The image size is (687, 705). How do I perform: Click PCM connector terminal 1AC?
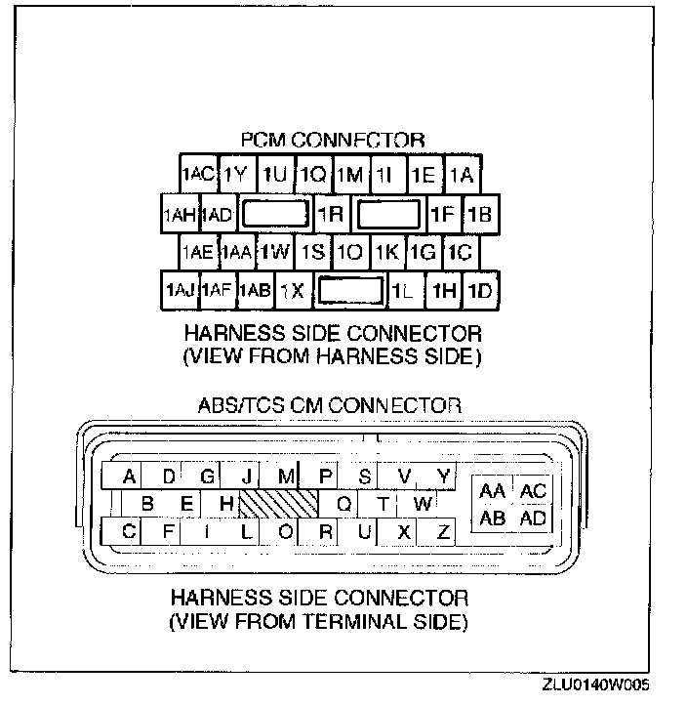[198, 175]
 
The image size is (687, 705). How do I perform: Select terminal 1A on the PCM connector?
[462, 175]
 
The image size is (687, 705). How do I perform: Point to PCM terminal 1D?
[480, 290]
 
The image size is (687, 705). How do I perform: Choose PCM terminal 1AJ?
[182, 290]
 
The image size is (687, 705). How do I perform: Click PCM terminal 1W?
[276, 252]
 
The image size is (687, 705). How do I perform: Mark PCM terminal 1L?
[402, 290]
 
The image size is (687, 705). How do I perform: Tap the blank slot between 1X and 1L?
[350, 290]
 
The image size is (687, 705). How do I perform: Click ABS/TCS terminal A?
[129, 477]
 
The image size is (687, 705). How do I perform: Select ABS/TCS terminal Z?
[443, 532]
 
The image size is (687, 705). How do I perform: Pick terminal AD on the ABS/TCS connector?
[533, 518]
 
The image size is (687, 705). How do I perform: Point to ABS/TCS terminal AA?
[493, 491]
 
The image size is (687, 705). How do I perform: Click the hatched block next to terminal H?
[279, 504]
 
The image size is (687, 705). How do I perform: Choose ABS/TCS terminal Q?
[343, 504]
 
